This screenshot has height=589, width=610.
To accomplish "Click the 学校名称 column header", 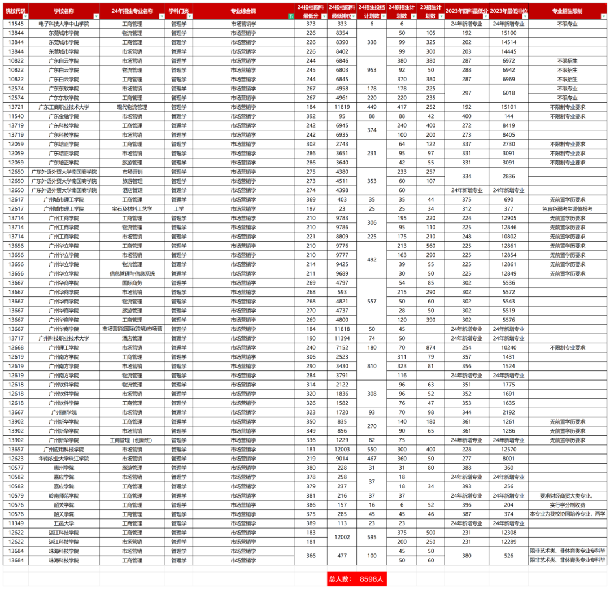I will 64,11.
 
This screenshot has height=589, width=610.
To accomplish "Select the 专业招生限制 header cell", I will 567,11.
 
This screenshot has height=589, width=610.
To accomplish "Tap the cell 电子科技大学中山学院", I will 64,24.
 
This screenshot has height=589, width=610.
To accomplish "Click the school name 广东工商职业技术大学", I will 64,107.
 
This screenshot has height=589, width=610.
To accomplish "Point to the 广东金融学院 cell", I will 64,116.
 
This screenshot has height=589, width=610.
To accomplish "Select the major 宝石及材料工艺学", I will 132,209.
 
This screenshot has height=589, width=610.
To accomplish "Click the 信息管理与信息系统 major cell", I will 132,273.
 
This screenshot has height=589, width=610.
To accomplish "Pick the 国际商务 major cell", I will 132,283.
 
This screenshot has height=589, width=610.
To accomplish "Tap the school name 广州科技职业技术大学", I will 64,338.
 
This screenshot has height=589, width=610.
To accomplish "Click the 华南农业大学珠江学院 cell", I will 64,459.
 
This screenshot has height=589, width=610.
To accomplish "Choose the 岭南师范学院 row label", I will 64,495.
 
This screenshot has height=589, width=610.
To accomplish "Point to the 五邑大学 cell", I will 64,523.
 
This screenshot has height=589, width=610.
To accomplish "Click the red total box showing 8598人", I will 356,579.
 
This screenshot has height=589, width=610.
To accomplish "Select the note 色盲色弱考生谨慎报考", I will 567,209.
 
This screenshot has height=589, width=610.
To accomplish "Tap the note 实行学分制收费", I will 567,505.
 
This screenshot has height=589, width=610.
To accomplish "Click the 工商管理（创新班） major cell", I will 132,440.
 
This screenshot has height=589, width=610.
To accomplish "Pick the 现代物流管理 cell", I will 132,107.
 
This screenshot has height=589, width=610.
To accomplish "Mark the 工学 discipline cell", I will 178,209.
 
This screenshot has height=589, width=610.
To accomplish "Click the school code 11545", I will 16,24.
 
